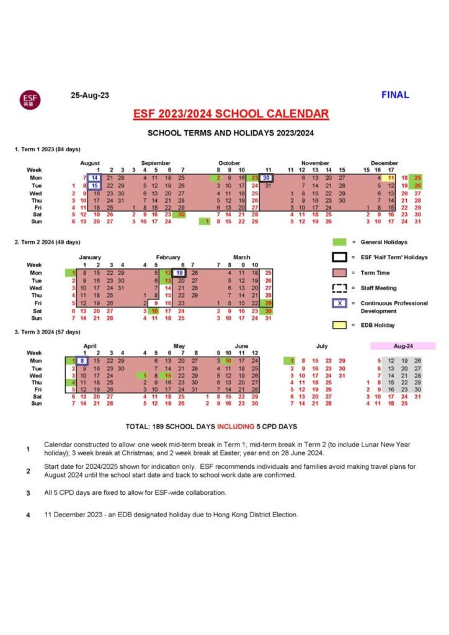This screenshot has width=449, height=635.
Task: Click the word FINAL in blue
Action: coord(395,95)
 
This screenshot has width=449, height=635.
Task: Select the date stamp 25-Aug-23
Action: coord(90,95)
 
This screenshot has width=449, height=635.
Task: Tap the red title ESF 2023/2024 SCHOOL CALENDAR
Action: coord(231,114)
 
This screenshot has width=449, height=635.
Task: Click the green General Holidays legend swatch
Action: coord(339,242)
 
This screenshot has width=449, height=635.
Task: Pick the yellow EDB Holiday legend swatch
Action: coord(339,325)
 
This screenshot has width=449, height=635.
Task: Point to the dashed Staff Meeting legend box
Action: coord(339,288)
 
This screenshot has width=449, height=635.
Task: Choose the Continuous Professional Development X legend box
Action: coord(339,303)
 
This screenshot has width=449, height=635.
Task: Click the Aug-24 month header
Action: coord(402,345)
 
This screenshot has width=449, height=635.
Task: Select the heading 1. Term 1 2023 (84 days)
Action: coord(47,149)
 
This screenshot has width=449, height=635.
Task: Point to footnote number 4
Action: coord(28,515)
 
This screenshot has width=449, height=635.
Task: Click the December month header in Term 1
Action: coord(385,162)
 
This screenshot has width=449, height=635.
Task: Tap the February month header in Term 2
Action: coord(168,257)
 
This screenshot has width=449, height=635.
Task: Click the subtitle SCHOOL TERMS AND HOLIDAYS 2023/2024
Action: coord(231,133)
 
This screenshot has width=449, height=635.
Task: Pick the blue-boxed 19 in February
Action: coord(179,272)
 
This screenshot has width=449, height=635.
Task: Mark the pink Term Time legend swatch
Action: coord(339,272)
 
